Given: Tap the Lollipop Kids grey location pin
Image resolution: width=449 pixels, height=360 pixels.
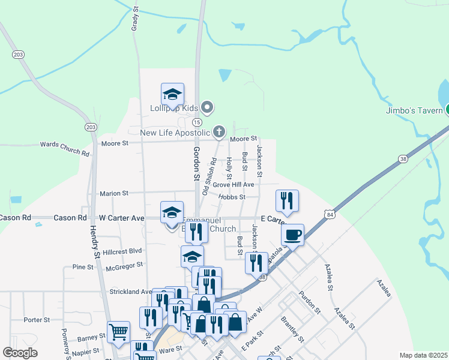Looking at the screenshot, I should pyautogui.click(x=208, y=108).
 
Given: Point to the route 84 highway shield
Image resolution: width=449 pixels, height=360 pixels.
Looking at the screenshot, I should pyautogui.click(x=328, y=214).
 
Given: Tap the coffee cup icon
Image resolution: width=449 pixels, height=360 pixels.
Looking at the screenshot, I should pyautogui.click(x=292, y=235).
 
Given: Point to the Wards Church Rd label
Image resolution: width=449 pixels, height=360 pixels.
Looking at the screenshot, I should pyautogui.click(x=64, y=149).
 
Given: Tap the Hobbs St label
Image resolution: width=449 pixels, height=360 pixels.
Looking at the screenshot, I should pyautogui.click(x=232, y=197).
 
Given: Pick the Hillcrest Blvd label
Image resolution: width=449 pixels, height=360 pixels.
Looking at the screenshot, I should pyautogui.click(x=122, y=252).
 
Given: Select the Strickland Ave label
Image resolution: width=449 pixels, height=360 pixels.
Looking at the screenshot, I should pyautogui.click(x=130, y=292).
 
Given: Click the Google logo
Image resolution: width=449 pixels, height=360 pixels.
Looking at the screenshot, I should pyautogui.click(x=20, y=353).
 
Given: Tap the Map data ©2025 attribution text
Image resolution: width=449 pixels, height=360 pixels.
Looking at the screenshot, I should pyautogui.click(x=423, y=355).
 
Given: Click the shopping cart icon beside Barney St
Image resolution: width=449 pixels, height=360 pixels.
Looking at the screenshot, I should pyautogui.click(x=119, y=332).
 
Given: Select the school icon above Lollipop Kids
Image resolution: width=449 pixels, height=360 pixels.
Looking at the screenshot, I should pyautogui.click(x=172, y=94).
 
